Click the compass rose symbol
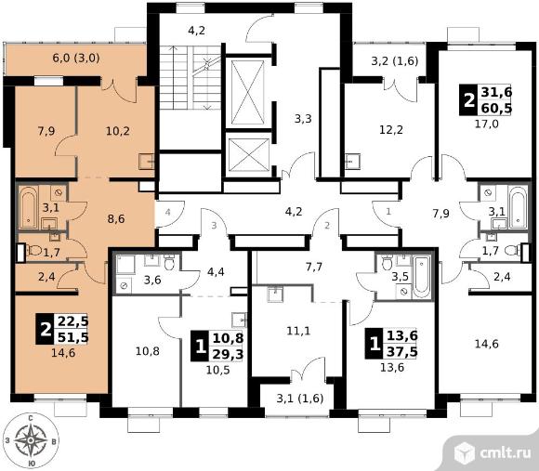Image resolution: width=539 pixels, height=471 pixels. [31, 440]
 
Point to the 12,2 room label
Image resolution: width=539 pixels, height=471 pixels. [391, 129]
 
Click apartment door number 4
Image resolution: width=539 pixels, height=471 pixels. [167, 213]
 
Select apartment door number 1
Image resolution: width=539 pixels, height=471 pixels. [388, 211]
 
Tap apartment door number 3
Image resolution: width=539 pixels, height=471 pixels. [214, 226]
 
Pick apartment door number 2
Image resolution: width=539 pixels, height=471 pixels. [327, 226]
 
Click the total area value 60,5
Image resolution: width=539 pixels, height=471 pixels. [496, 108]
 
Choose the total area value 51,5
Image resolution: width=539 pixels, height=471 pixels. [73, 337]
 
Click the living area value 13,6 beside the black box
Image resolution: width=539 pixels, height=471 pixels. [402, 335]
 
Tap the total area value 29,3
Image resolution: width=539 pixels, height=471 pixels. [228, 354]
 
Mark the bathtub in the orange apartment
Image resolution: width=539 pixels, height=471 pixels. [27, 207]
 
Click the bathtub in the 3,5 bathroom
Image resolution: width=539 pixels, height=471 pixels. [421, 277]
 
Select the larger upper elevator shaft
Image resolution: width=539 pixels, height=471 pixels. [247, 92]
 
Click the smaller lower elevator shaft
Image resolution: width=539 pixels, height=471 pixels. [248, 154]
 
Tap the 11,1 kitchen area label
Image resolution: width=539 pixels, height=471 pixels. [298, 331]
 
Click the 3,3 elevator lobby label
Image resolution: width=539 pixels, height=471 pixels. [303, 119]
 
